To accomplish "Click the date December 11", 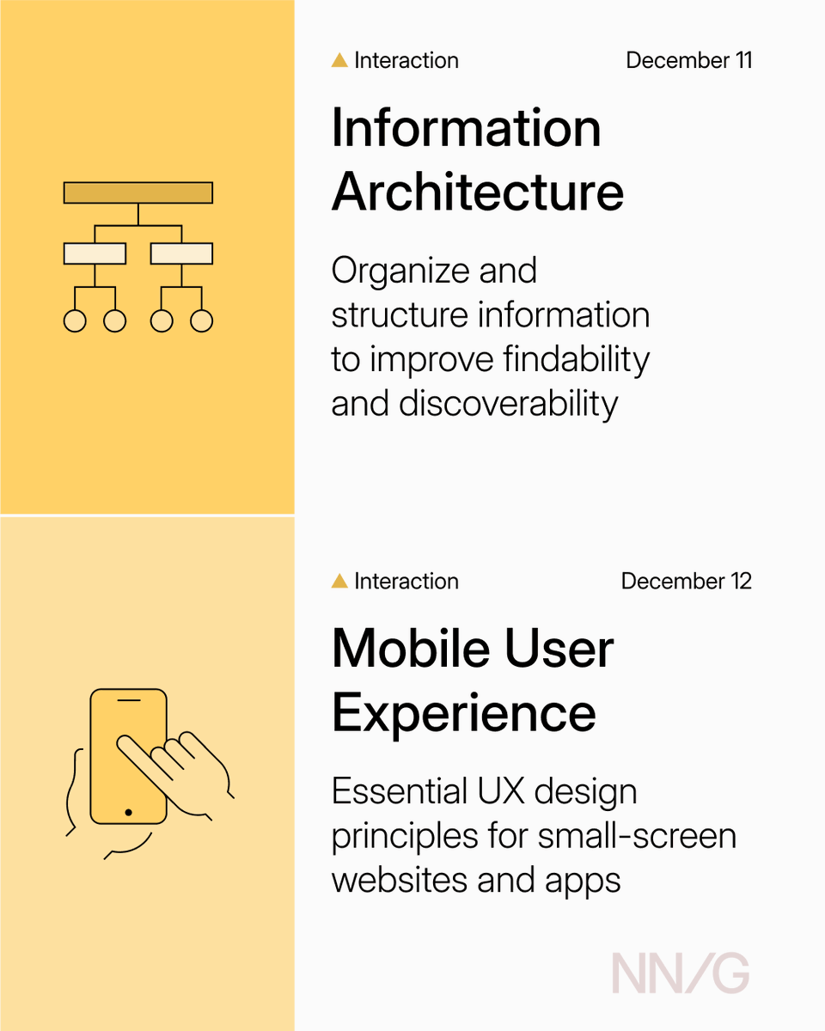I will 688,61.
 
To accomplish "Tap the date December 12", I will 686,582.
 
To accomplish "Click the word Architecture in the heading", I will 478,192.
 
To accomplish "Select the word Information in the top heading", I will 466,129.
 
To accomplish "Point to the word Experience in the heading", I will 463,712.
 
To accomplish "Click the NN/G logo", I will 680,974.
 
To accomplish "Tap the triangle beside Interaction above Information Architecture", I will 339,61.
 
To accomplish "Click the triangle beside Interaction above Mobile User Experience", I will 339,582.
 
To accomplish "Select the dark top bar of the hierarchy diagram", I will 138,192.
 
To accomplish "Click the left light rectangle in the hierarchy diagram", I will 95,253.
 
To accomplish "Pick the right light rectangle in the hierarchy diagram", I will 181,253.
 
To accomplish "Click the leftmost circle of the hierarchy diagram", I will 75,320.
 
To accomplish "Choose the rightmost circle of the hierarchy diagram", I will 201,320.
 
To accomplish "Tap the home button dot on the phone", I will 128,812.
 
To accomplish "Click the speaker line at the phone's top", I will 129,702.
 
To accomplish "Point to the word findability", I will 577,359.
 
